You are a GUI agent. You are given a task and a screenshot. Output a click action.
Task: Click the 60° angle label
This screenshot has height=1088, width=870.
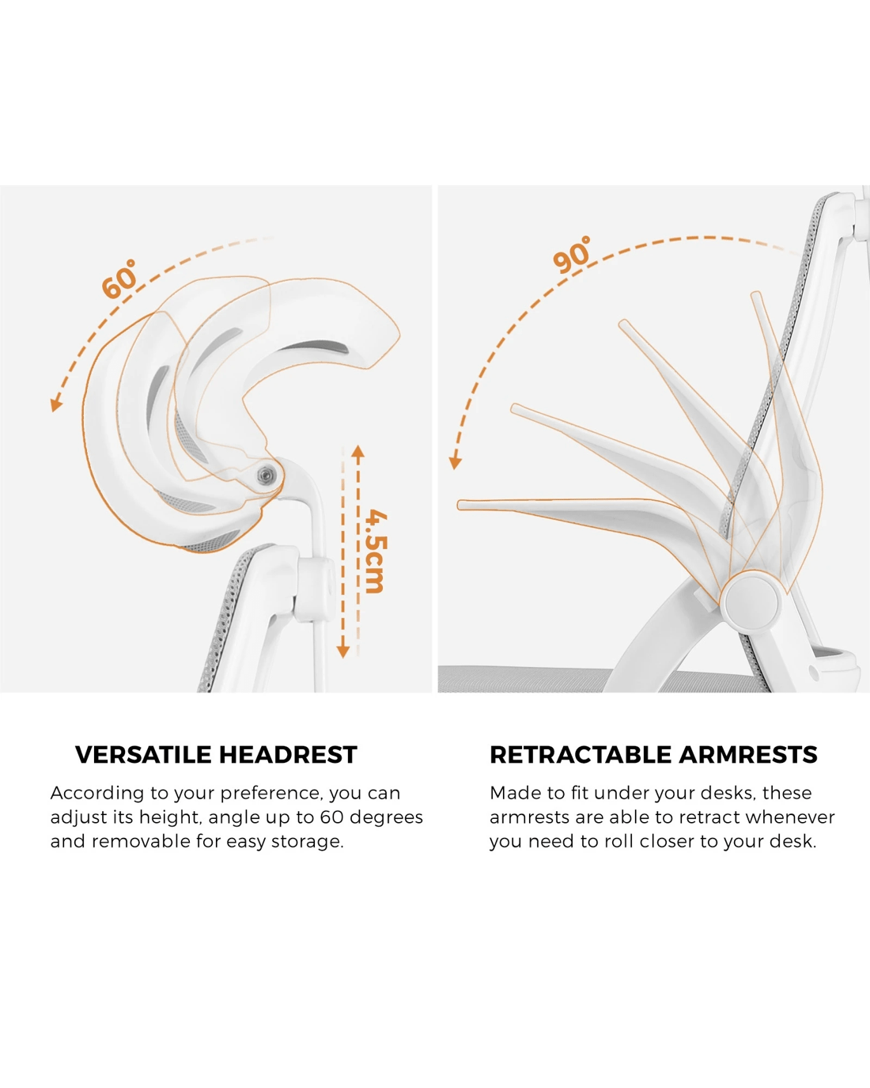pyautogui.click(x=119, y=279)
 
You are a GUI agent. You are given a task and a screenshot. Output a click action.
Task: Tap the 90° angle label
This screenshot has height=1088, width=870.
pyautogui.click(x=572, y=254)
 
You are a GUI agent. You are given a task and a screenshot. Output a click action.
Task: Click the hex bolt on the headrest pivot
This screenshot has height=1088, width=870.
pyautogui.click(x=264, y=474)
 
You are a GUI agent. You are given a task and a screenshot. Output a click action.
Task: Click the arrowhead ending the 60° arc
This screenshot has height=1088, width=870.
pyautogui.click(x=55, y=404)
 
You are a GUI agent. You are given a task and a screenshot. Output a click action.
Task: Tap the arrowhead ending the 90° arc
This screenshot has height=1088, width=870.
pyautogui.click(x=455, y=462)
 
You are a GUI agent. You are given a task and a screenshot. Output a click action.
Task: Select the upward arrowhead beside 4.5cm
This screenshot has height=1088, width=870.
pyautogui.click(x=358, y=452)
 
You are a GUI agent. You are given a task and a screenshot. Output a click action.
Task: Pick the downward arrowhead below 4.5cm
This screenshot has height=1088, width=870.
pyautogui.click(x=343, y=651)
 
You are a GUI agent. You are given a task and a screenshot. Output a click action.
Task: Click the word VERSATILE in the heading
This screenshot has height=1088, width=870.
pyautogui.click(x=144, y=755)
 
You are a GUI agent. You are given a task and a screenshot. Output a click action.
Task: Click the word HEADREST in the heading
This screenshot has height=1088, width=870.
pyautogui.click(x=288, y=755)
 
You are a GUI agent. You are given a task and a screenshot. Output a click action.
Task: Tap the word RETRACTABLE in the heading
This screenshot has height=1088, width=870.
pyautogui.click(x=581, y=755)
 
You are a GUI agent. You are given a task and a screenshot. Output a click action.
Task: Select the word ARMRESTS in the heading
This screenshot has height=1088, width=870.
pyautogui.click(x=747, y=755)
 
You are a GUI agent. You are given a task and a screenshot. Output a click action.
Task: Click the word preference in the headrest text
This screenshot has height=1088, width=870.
pyautogui.click(x=271, y=794)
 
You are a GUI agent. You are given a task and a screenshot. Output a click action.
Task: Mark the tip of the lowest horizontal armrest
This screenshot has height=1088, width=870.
pyautogui.click(x=459, y=505)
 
